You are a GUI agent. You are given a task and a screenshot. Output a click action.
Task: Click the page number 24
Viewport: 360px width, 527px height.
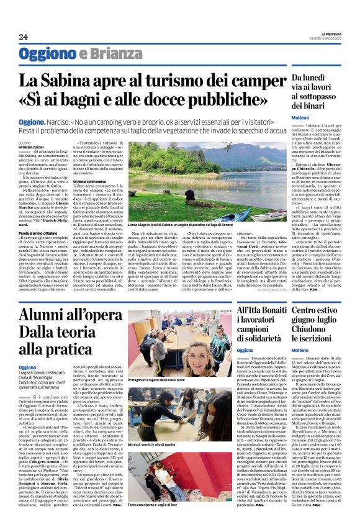click(23, 37)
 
